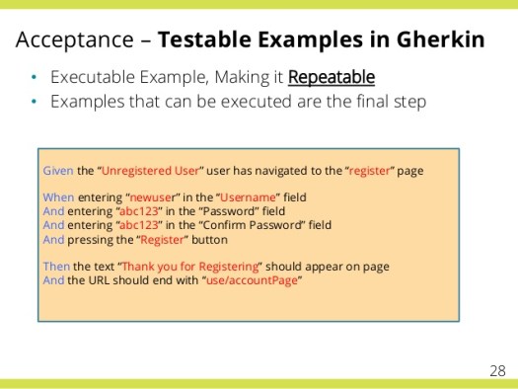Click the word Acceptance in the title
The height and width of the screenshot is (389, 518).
point(75,40)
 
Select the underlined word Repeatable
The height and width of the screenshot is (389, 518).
point(332,77)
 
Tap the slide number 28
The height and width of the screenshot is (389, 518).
point(498,370)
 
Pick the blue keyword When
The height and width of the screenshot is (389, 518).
point(59,197)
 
